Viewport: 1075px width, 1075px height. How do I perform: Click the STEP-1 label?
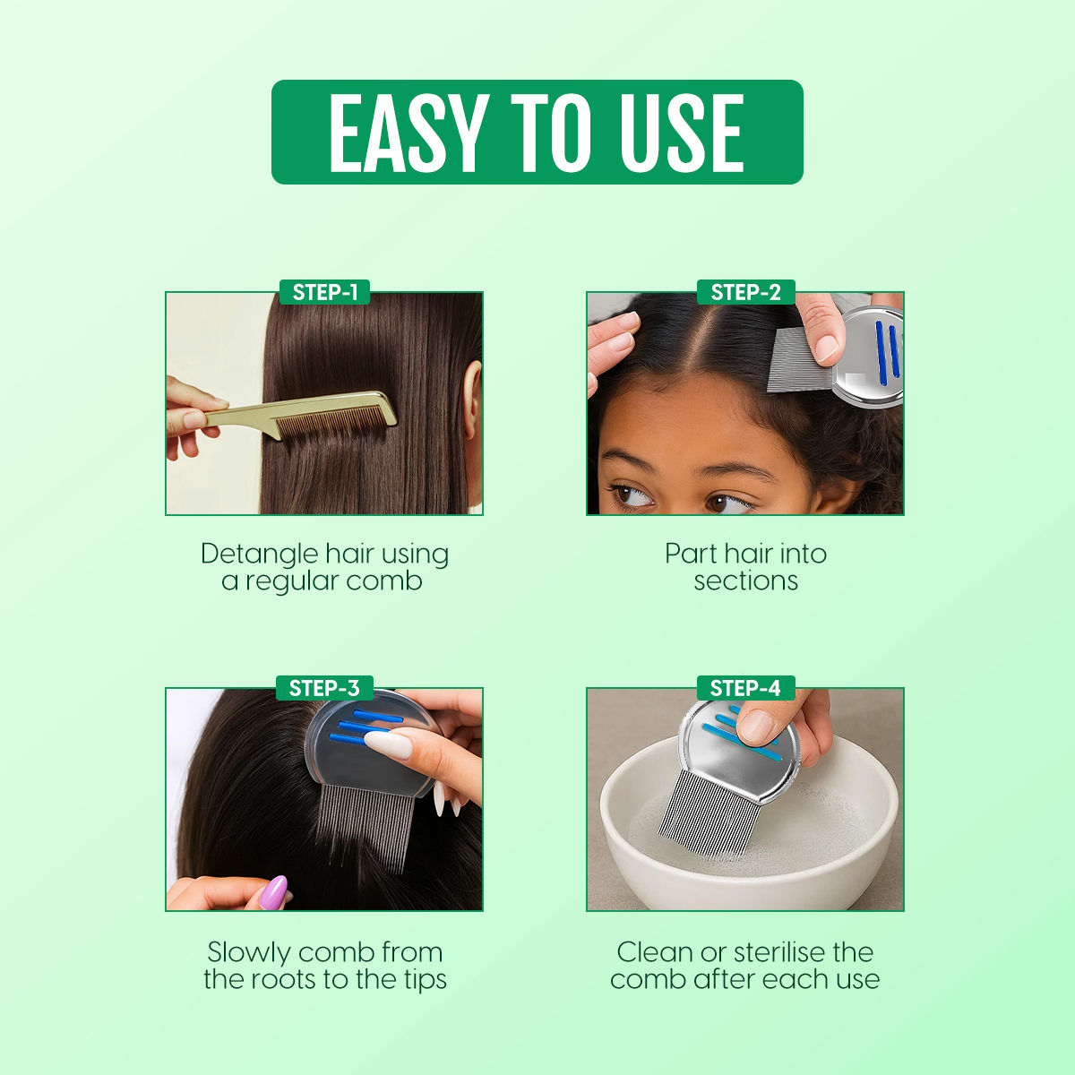pyautogui.click(x=324, y=292)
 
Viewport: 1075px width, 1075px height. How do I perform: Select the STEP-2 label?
pyautogui.click(x=745, y=292)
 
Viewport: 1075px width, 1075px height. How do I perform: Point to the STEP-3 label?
pyautogui.click(x=324, y=688)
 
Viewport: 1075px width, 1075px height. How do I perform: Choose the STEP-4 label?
pyautogui.click(x=745, y=688)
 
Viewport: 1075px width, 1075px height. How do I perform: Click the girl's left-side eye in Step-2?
pyautogui.click(x=633, y=494)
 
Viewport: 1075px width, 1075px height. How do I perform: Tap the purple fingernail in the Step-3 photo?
pyautogui.click(x=273, y=892)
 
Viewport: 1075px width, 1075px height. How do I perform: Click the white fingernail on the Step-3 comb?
pyautogui.click(x=387, y=745)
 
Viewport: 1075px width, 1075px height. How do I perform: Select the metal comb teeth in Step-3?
pyautogui.click(x=366, y=827)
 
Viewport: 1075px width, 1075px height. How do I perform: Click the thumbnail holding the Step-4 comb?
pyautogui.click(x=755, y=727)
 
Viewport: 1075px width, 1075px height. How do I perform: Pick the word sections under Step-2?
pyautogui.click(x=745, y=582)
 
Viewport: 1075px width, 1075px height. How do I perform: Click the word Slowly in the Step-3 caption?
pyautogui.click(x=248, y=952)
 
